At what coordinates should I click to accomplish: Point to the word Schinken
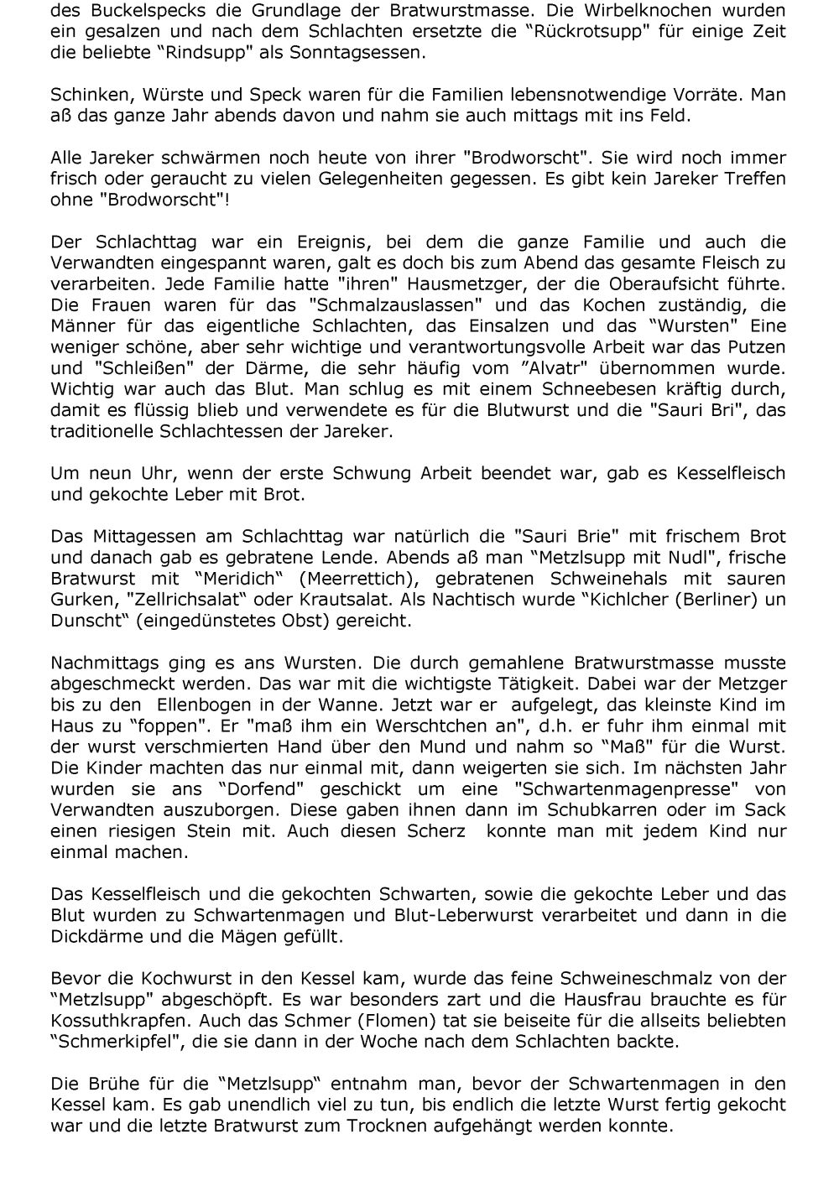point(86,95)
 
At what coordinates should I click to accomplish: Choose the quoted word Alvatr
point(599,367)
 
